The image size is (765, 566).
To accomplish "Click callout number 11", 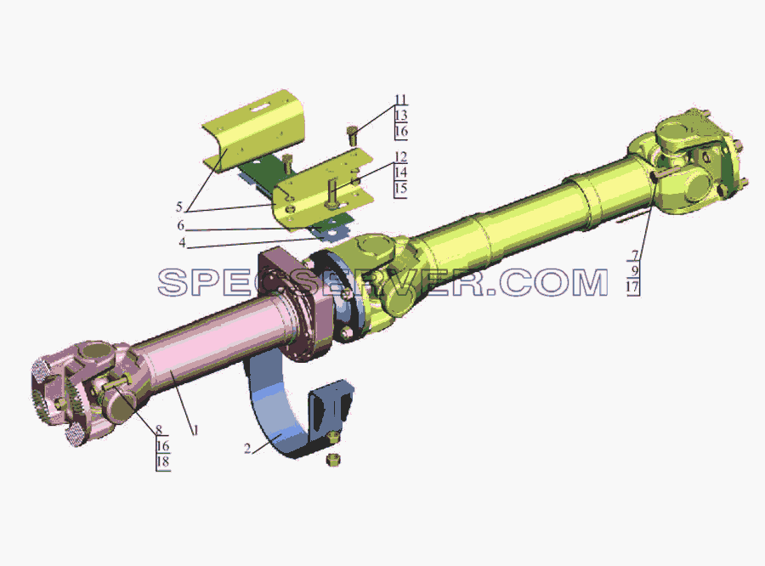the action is [x=400, y=100].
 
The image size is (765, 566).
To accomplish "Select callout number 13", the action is [x=400, y=116].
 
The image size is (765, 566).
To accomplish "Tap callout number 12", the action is [x=400, y=157].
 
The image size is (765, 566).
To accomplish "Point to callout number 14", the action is [x=400, y=173].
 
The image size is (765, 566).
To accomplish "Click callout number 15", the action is [x=400, y=189].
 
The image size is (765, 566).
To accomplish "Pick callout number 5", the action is [x=179, y=207].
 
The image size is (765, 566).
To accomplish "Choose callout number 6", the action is [x=180, y=225].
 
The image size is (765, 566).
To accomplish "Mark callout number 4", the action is [x=182, y=242].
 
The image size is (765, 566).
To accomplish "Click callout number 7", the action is [x=635, y=255].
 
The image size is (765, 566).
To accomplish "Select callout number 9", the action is [x=635, y=271].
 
